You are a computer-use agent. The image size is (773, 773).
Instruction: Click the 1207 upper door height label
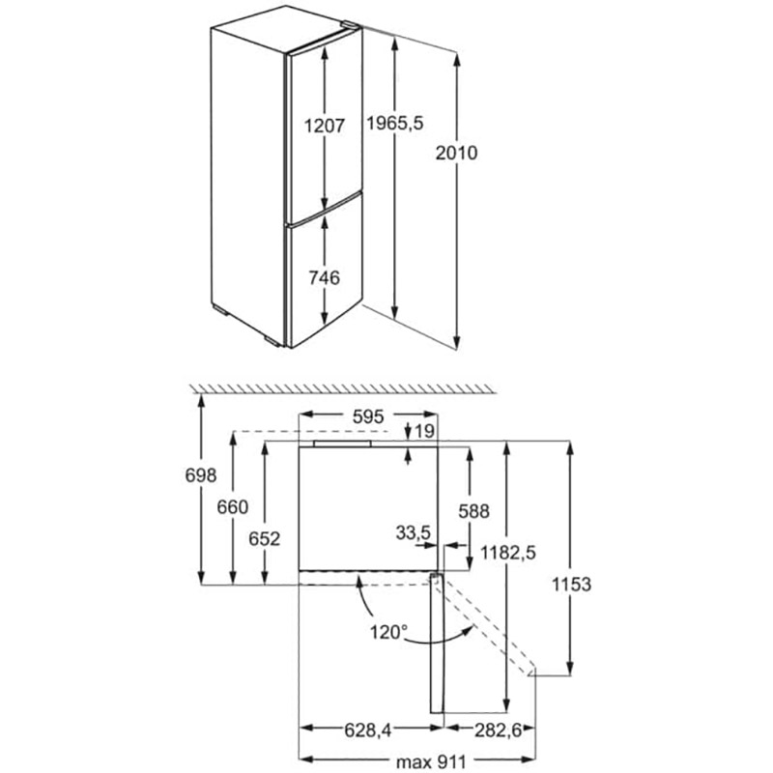(x=324, y=126)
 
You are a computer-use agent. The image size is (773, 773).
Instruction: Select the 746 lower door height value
(x=324, y=278)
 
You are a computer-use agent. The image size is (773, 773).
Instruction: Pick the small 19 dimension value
(x=424, y=432)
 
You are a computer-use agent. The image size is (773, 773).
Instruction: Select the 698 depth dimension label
(x=200, y=475)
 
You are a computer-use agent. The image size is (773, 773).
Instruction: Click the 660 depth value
(x=233, y=507)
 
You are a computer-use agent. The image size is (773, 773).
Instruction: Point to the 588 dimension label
(x=474, y=511)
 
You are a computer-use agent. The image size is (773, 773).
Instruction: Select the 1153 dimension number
(x=571, y=585)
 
